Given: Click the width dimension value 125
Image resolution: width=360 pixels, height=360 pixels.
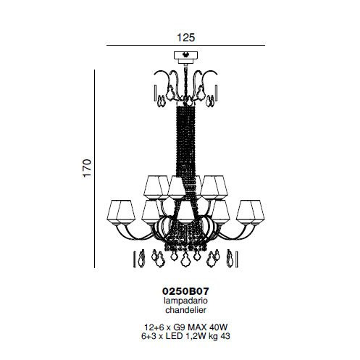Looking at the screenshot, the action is (186, 38).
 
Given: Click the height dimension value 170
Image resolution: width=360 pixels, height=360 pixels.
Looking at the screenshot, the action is (87, 168).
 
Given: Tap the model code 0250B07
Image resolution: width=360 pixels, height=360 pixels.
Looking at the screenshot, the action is (185, 291).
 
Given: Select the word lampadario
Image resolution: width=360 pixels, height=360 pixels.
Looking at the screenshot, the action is (185, 301).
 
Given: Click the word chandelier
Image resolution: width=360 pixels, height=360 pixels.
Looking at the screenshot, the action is (185, 310).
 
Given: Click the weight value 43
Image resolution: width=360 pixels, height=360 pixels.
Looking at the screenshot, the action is (225, 336).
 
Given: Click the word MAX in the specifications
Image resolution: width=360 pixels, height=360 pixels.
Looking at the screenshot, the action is (198, 327).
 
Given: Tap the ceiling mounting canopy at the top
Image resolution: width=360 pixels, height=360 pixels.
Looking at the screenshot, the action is (185, 57).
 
